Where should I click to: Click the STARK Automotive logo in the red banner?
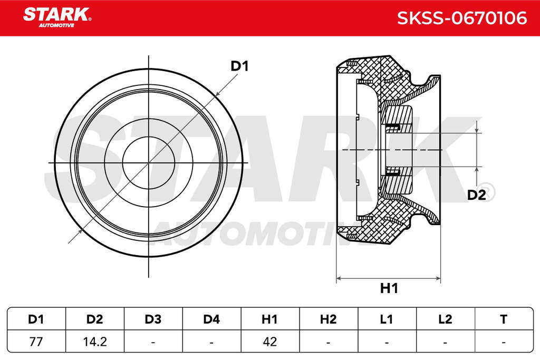(x=57, y=17)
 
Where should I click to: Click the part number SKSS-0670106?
(x=462, y=18)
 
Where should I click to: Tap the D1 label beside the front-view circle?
(x=239, y=66)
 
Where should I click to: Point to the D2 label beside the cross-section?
(x=476, y=195)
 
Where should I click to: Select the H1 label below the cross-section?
(x=389, y=288)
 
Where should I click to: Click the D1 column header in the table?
(x=36, y=319)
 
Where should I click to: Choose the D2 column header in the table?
(x=95, y=319)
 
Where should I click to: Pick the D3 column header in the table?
(x=153, y=319)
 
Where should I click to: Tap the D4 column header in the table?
(x=211, y=319)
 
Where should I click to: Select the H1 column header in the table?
(x=269, y=319)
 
